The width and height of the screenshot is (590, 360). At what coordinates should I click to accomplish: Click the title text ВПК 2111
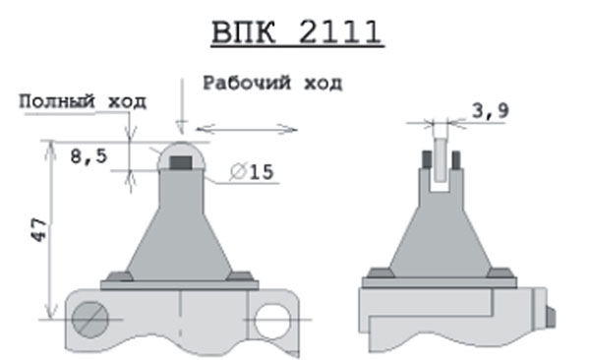pyautogui.click(x=297, y=32)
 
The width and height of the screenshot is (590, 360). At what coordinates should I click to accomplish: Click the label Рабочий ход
pyautogui.click(x=272, y=84)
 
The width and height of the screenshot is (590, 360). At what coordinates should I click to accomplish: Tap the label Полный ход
pyautogui.click(x=83, y=101)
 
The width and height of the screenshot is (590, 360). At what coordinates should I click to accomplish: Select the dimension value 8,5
pyautogui.click(x=88, y=156)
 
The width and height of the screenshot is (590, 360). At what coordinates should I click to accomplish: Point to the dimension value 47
pyautogui.click(x=38, y=229)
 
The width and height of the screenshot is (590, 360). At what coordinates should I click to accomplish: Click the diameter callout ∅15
pyautogui.click(x=252, y=172)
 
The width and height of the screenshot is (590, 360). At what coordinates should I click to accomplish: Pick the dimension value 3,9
pyautogui.click(x=491, y=110)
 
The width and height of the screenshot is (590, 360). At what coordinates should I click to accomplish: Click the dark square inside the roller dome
pyautogui.click(x=181, y=162)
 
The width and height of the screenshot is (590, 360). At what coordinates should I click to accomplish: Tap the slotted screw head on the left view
pyautogui.click(x=90, y=320)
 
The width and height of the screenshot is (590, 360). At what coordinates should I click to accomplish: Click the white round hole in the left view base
pyautogui.click(x=272, y=322)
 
